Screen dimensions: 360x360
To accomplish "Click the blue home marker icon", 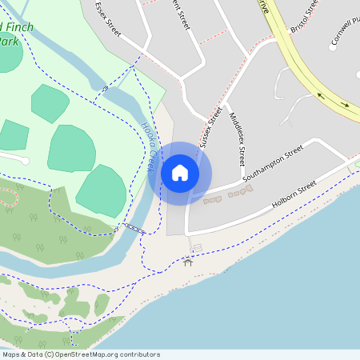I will (179, 173).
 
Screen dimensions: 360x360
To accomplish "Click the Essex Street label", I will (107, 18).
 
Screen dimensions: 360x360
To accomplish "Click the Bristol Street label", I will (305, 15).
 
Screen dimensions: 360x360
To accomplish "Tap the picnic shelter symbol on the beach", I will (188, 261).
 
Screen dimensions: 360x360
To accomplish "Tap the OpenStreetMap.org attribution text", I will (105, 354).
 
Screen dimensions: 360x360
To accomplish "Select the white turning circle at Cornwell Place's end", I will (333, 47).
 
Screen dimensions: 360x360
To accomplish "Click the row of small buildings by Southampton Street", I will (229, 194).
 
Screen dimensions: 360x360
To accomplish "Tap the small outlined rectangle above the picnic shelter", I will (197, 247).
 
